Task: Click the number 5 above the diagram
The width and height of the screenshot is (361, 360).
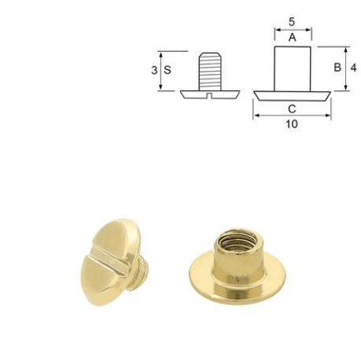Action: point(293,21)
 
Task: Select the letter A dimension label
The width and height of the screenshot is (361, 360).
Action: point(293,37)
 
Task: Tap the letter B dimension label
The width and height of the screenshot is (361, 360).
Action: point(337,68)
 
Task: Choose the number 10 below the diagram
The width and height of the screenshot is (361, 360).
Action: point(293,124)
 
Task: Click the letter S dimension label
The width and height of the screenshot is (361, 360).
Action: point(168,69)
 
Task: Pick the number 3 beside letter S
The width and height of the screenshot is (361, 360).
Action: point(155,69)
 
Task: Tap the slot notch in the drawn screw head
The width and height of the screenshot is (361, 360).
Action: point(209,95)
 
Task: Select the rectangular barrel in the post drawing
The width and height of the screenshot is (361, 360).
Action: point(293,68)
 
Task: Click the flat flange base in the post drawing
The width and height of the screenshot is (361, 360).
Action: point(293,94)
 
